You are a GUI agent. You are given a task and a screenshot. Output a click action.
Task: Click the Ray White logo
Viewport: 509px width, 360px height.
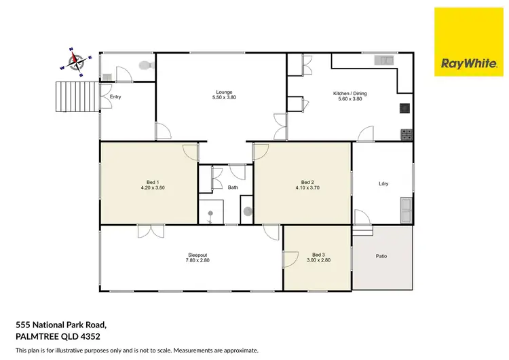(x=468, y=43)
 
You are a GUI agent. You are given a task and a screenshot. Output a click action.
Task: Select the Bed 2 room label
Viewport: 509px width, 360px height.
(x=307, y=182)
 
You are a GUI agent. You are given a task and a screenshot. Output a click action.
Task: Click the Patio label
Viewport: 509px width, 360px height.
(x=382, y=256)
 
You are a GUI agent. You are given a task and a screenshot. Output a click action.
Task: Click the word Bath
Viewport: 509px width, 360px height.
(x=233, y=187)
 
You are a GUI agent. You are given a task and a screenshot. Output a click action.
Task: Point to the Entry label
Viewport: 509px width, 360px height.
(x=115, y=97)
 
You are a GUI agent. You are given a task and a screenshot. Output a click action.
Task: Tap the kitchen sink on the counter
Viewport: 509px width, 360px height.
(x=383, y=60)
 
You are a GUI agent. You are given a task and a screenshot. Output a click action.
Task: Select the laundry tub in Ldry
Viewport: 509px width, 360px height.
(x=406, y=210)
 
